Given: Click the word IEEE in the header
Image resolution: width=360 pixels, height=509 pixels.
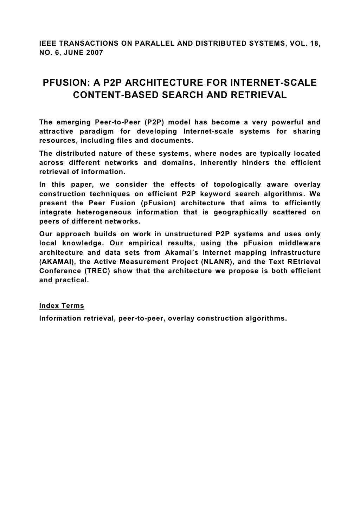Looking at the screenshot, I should tap(47, 44).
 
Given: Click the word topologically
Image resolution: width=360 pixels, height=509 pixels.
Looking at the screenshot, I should tap(238, 185).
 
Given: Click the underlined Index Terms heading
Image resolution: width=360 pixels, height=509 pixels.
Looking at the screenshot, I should tap(62, 306).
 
